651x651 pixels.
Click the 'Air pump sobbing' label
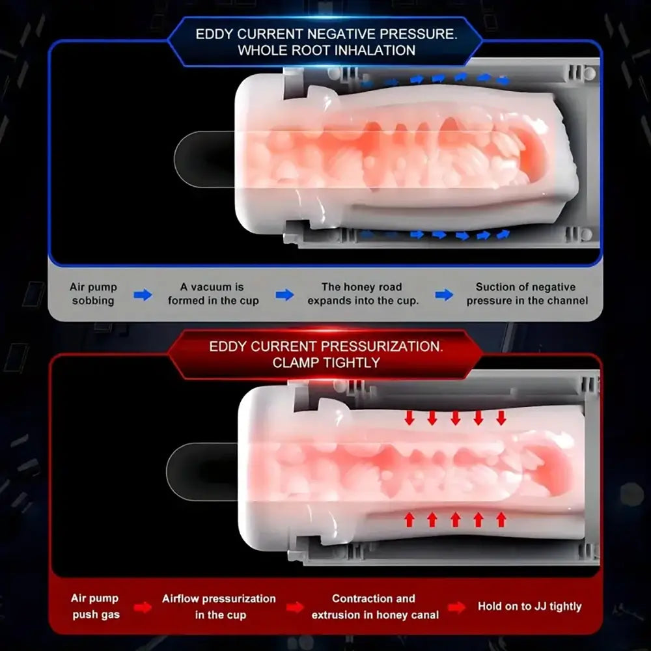point(93,294)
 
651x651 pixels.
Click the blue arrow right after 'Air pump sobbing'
point(143,295)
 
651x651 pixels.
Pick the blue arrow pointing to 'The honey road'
point(285,295)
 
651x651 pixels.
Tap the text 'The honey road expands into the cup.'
point(363,294)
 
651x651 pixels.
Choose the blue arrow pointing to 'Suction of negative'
point(444,295)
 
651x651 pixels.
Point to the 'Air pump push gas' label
point(96,606)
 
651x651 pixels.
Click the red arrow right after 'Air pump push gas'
point(143,607)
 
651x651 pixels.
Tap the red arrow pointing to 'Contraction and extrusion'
point(295,607)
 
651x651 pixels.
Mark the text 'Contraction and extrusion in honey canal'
point(375,607)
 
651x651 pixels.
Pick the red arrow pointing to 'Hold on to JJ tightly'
point(457,607)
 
